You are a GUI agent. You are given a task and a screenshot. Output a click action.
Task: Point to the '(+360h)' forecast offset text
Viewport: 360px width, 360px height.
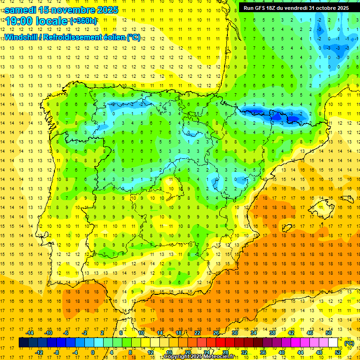[x=83, y=21]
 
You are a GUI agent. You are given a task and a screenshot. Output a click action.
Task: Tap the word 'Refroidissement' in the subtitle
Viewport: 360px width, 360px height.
[x=75, y=37]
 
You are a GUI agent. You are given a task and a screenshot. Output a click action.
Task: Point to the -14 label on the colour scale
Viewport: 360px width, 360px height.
[x=30, y=333]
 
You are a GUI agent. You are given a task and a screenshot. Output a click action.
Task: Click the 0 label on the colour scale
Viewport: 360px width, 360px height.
[x=93, y=352]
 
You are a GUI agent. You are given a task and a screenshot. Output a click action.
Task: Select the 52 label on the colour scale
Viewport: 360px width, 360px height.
[x=338, y=352]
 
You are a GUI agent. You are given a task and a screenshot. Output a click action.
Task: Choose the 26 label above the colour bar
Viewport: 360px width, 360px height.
[x=216, y=333]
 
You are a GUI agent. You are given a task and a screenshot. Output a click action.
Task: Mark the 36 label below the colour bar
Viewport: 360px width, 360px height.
[x=262, y=352]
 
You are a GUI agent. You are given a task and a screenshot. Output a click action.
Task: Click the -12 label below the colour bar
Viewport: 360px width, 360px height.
[x=39, y=352]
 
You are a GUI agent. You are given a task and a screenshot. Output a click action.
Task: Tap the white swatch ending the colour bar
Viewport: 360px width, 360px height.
[x=333, y=343]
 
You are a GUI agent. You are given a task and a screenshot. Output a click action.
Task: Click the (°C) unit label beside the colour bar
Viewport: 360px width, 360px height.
[x=349, y=343]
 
